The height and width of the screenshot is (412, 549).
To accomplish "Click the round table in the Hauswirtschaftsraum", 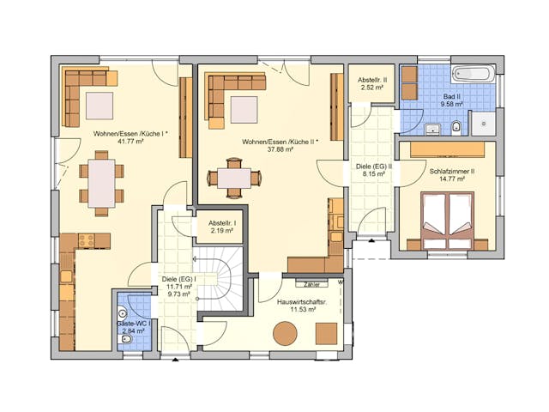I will click(286, 333).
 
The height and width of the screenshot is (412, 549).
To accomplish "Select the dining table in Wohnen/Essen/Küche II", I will click(234, 178).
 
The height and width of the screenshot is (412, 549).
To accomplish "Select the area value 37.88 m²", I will click(281, 149).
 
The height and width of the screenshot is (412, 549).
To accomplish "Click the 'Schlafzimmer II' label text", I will click(452, 172).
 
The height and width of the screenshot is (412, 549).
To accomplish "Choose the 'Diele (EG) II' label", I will click(373, 166).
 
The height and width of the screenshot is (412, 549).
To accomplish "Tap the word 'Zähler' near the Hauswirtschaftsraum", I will click(311, 284).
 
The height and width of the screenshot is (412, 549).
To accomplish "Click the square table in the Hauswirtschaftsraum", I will click(326, 332).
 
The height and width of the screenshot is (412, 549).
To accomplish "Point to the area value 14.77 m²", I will click(452, 180).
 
